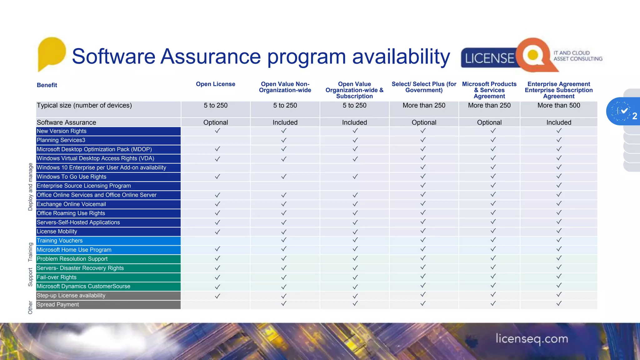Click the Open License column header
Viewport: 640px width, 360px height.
(215, 84)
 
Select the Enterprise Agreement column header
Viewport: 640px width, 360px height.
(558, 90)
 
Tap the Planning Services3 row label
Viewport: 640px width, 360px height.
(61, 140)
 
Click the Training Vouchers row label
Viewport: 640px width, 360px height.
(60, 241)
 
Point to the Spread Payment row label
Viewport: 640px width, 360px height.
(58, 305)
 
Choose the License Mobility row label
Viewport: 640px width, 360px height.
(57, 232)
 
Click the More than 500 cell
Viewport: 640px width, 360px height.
(558, 106)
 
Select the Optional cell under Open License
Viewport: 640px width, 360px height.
(215, 122)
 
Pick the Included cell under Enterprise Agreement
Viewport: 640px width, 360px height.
(558, 122)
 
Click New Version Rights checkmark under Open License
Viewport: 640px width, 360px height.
(217, 131)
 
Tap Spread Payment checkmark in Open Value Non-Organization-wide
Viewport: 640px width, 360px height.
(284, 303)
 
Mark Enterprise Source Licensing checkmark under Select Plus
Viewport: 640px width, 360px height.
(423, 185)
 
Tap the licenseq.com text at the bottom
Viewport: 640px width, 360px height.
(532, 339)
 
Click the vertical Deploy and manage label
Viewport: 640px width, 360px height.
(30, 187)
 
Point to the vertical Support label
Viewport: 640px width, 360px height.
(30, 277)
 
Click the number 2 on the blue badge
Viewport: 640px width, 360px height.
(634, 116)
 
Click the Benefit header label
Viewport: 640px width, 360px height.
(47, 85)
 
